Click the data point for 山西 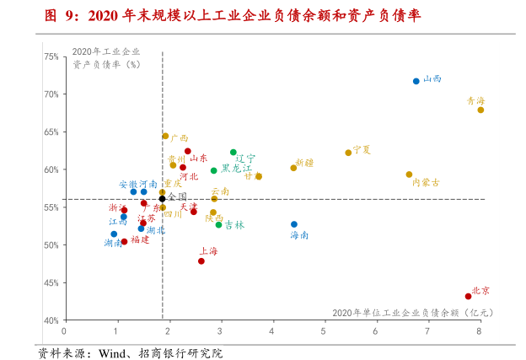coord(416,81)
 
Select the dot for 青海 coord(480,110)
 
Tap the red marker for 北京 coord(469,296)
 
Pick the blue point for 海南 coord(294,224)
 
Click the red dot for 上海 coord(201,261)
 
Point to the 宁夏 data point coord(348,153)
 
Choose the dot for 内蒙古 coord(409,175)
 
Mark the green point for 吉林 coord(219,224)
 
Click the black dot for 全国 coord(163,199)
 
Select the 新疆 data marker coord(293,168)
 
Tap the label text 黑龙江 coord(236,169)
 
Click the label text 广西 coord(179,138)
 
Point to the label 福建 coord(140,239)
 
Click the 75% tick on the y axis coord(51,56)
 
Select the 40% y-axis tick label coord(51,320)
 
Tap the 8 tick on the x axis coord(479,331)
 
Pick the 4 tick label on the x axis coord(272,331)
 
